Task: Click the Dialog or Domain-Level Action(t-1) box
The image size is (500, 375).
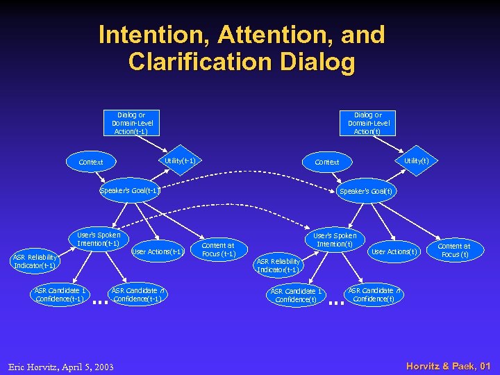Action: (x=132, y=123)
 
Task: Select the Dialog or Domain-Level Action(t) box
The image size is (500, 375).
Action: (x=368, y=123)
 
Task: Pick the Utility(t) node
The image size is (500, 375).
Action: (x=416, y=161)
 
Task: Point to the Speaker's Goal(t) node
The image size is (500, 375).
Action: (x=367, y=191)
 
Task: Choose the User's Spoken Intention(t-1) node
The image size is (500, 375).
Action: (x=98, y=239)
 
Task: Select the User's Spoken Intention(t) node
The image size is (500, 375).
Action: (x=334, y=240)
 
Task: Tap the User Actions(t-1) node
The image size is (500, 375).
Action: (x=157, y=251)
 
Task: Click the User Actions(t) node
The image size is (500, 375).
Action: (x=394, y=251)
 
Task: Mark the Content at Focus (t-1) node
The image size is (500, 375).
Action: (x=218, y=249)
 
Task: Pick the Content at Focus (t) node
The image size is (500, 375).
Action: (x=453, y=250)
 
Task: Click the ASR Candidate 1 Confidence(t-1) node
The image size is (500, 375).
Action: (x=60, y=294)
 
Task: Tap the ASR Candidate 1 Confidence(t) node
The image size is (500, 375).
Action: (x=296, y=295)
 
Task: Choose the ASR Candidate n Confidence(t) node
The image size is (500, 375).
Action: (x=374, y=294)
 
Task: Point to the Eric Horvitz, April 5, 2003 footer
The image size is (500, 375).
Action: (x=61, y=366)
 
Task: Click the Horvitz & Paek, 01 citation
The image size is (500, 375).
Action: (x=449, y=365)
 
